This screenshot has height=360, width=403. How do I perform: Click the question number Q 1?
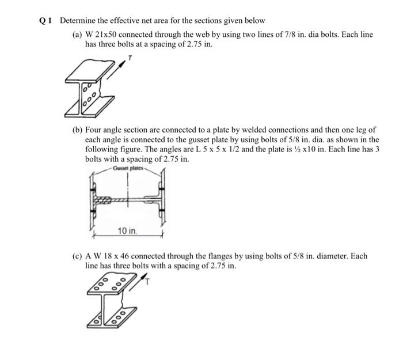coord(45,21)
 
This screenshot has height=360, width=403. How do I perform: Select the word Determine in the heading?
coord(78,21)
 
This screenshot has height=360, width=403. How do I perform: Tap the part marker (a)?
coord(77,35)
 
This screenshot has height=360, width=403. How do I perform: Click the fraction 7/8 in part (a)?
coord(278,35)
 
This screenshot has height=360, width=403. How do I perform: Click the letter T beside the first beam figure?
coord(131,58)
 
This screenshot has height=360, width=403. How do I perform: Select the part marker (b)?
coord(77,130)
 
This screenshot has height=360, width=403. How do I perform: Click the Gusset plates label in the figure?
coord(130,168)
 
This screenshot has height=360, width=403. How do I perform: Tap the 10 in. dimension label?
coord(127,232)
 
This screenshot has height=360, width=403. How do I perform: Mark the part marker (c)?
coord(77,256)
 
